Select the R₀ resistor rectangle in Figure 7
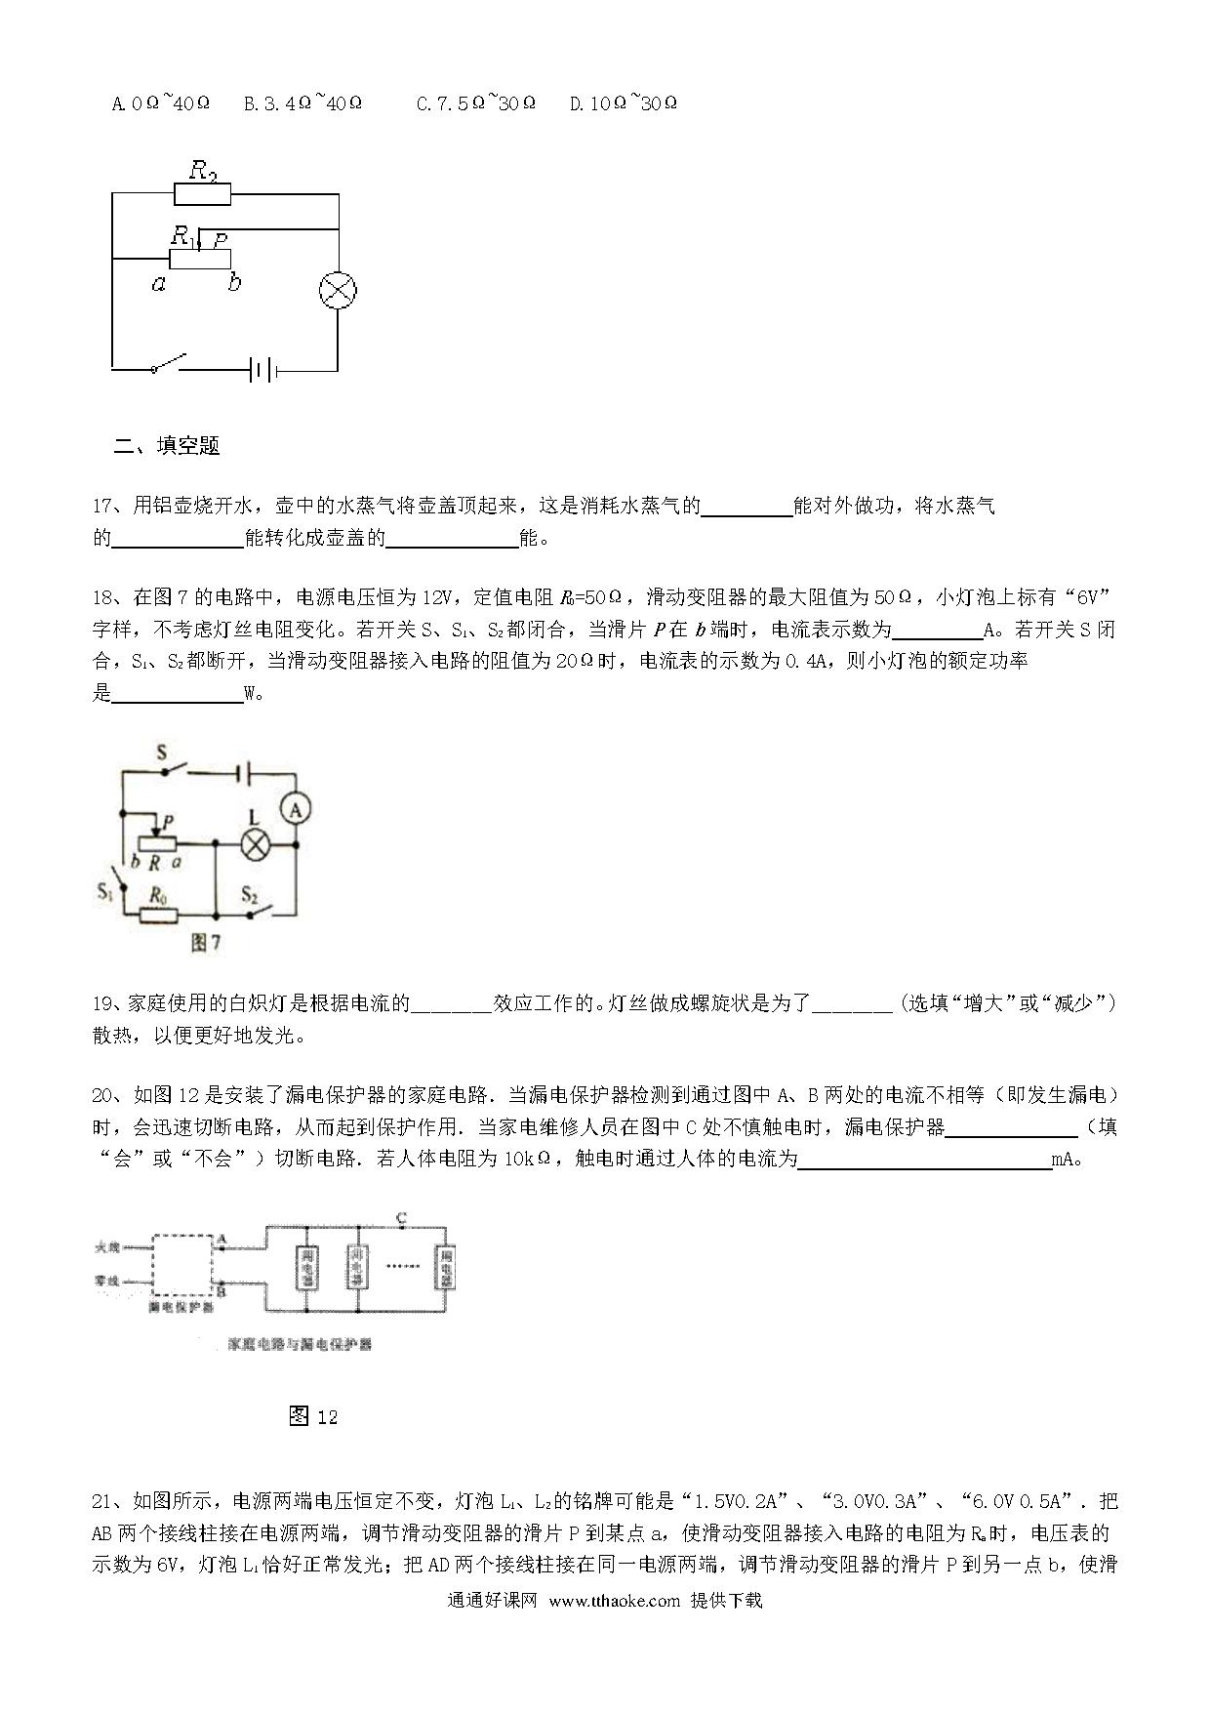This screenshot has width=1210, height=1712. (x=159, y=915)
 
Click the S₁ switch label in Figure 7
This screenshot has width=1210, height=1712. (x=105, y=890)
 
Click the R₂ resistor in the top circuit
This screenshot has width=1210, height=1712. (x=203, y=193)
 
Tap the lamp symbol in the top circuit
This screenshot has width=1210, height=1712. (x=338, y=290)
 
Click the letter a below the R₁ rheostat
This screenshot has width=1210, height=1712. (x=158, y=284)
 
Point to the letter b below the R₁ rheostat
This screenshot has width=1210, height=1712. (x=233, y=284)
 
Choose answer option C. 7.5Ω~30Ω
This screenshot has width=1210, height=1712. (x=475, y=103)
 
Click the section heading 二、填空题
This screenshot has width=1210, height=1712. (x=167, y=446)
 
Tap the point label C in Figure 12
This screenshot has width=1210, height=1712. (x=401, y=1218)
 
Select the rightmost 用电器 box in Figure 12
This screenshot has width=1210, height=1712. (x=447, y=1268)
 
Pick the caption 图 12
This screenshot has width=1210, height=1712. (x=313, y=1416)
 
